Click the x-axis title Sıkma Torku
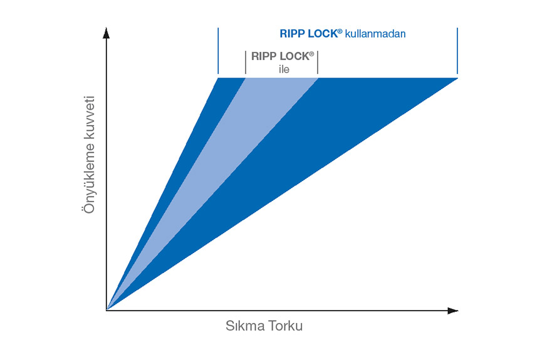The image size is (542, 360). click(268, 327)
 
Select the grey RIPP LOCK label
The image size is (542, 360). click(282, 56)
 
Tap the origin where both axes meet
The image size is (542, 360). click(107, 310)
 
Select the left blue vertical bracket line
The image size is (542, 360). click(218, 50)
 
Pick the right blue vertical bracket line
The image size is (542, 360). click(457, 50)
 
